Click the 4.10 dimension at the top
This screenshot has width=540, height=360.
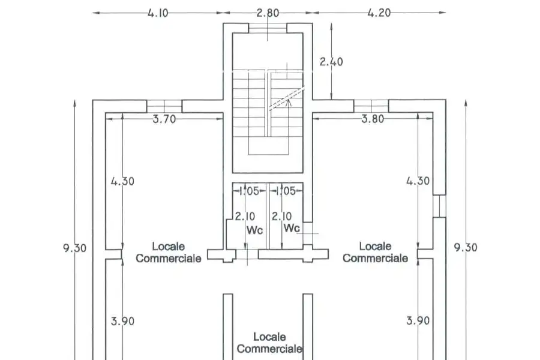tap(158, 13)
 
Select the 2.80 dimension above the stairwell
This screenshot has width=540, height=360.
tap(268, 13)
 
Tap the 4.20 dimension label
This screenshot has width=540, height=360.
tap(379, 13)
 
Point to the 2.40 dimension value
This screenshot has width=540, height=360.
tap(331, 62)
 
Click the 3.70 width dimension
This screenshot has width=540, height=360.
tap(164, 119)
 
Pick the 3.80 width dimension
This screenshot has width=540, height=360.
tap(373, 119)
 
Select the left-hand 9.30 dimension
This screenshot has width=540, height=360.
tap(75, 248)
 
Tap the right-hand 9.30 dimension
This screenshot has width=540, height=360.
tap(466, 248)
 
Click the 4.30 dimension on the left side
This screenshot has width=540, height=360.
tap(122, 181)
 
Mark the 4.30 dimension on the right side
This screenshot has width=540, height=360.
tap(418, 181)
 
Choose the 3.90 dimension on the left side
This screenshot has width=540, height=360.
tap(122, 322)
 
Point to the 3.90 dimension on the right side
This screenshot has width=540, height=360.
tap(418, 321)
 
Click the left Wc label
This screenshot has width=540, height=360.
tap(255, 230)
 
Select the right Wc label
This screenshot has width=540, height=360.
tap(292, 228)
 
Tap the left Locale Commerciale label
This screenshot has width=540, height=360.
tap(169, 253)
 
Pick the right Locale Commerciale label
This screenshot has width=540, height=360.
tap(376, 252)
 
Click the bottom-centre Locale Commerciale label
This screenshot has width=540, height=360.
tap(269, 343)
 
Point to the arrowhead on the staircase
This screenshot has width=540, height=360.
tap(289, 101)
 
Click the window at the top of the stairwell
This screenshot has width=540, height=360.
tap(268, 28)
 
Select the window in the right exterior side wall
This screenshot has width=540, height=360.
tap(439, 206)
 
